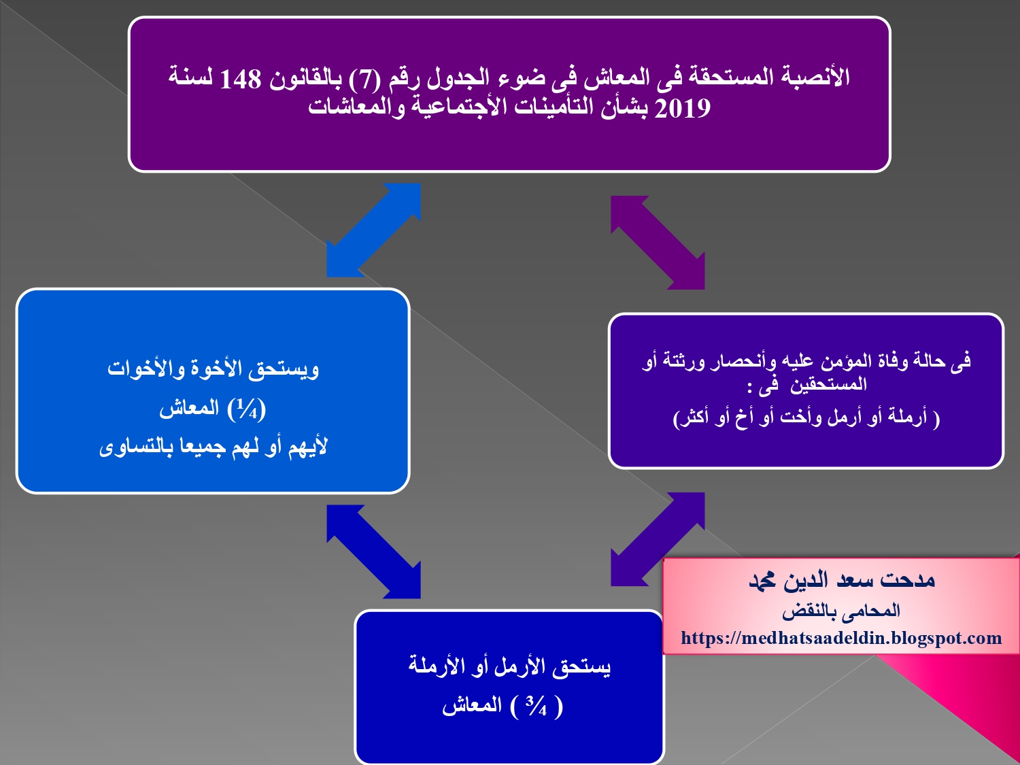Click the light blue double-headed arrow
(x=373, y=230)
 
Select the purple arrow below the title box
(x=658, y=243)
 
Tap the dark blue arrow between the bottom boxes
(x=373, y=551)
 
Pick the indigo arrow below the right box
(x=658, y=539)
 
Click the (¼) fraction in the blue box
(x=247, y=409)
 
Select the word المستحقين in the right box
(x=828, y=385)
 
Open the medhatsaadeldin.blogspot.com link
(x=841, y=639)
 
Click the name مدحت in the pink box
(x=908, y=580)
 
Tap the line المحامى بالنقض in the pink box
(x=841, y=611)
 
